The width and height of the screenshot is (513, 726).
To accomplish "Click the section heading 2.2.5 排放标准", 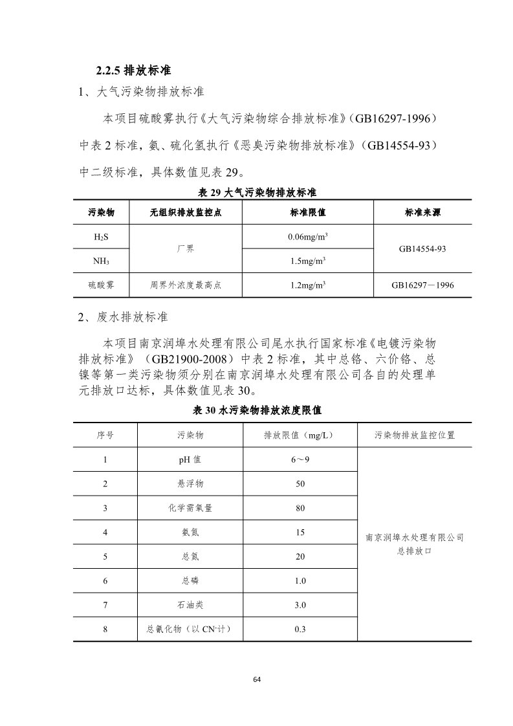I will pyautogui.click(x=133, y=70).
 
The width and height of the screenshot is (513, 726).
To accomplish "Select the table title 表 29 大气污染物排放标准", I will pyautogui.click(x=256, y=193).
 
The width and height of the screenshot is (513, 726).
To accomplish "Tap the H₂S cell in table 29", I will pyautogui.click(x=100, y=237).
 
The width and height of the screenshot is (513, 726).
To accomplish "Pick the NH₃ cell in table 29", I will pyautogui.click(x=100, y=261).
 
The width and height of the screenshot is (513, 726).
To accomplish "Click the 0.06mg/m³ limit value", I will pyautogui.click(x=307, y=237).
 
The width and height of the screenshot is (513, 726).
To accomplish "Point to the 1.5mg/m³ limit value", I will pyautogui.click(x=307, y=261).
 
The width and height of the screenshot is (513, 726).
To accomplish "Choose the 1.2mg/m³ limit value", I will pyautogui.click(x=307, y=285).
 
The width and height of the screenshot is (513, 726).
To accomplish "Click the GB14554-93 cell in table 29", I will pyautogui.click(x=422, y=248).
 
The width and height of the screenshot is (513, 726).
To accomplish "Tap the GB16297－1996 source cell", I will pyautogui.click(x=422, y=285).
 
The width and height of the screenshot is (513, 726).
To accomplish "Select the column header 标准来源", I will pyautogui.click(x=422, y=212).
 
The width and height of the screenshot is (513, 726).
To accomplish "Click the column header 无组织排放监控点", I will pyautogui.click(x=185, y=212).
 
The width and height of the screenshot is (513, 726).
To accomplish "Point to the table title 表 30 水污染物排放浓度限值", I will pyautogui.click(x=257, y=410).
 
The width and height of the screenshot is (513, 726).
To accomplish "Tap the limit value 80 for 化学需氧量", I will pyautogui.click(x=300, y=508).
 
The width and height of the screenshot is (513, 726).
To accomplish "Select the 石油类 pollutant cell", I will pyautogui.click(x=190, y=605).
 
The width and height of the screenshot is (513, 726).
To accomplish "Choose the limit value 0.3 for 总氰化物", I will pyautogui.click(x=300, y=629).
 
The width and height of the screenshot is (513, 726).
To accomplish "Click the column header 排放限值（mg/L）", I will pyautogui.click(x=300, y=435).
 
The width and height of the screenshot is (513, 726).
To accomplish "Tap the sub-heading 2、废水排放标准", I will pyautogui.click(x=123, y=317).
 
